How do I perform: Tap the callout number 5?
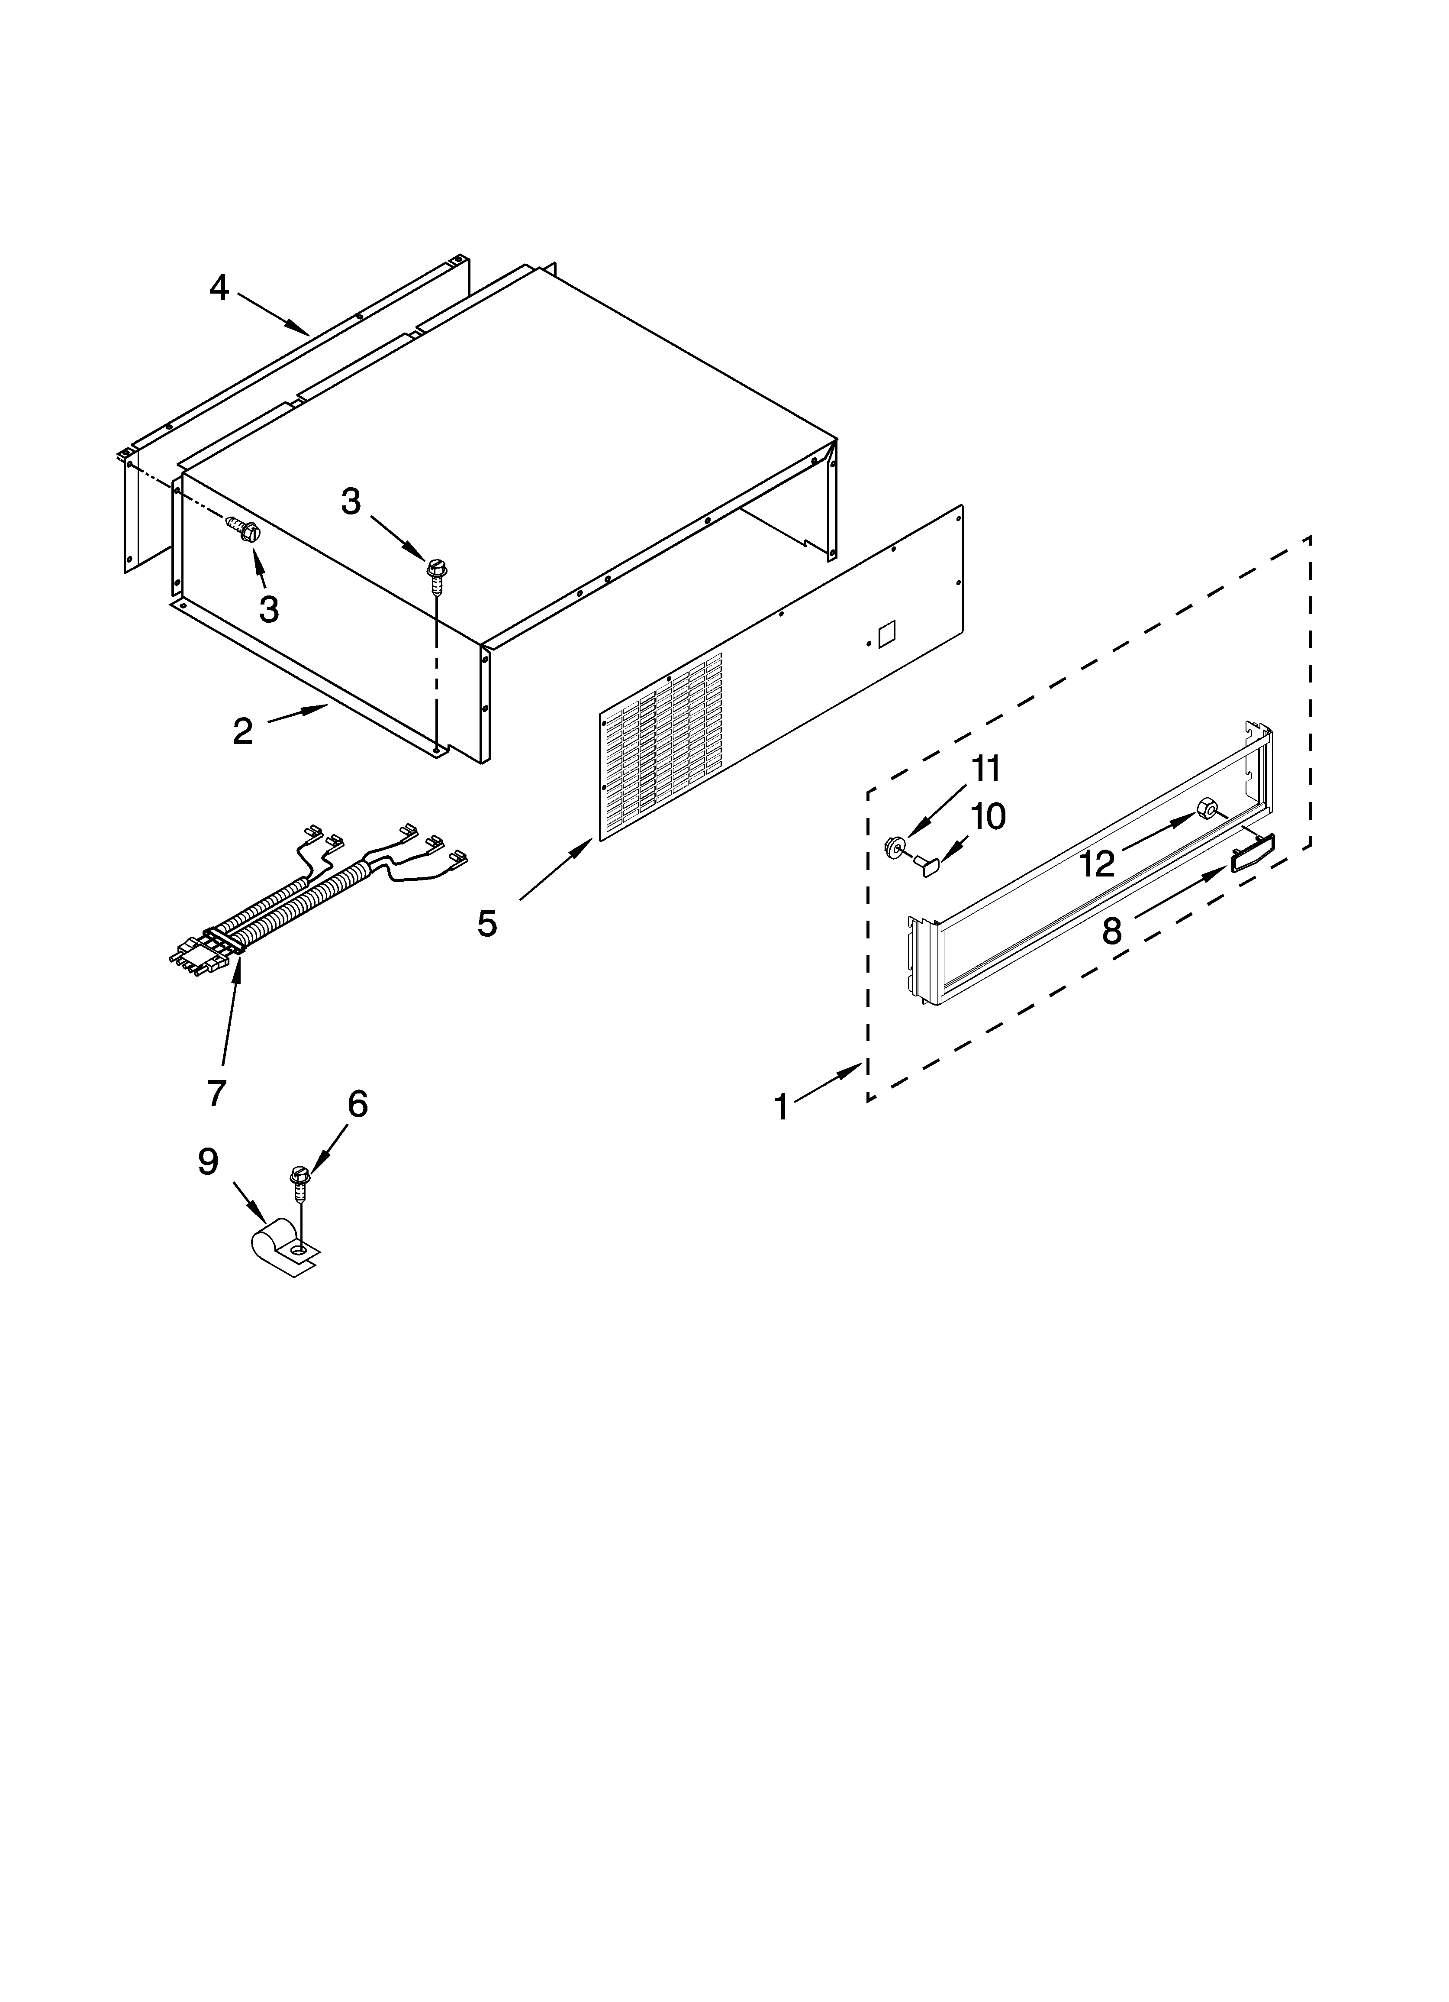pyautogui.click(x=487, y=924)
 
